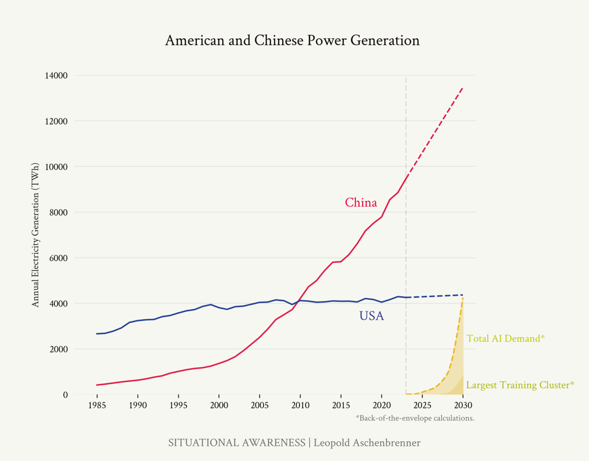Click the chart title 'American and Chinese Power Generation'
click(292, 40)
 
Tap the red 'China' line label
click(361, 203)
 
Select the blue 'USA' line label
click(372, 316)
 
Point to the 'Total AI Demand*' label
click(506, 338)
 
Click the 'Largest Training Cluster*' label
click(520, 385)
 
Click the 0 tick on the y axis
click(65, 395)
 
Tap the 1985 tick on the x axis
click(97, 405)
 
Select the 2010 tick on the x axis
click(300, 405)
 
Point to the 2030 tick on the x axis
click(463, 405)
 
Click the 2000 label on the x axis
click(219, 405)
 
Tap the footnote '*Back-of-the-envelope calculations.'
click(415, 418)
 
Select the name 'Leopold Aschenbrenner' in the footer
click(367, 443)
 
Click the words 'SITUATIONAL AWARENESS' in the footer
click(237, 443)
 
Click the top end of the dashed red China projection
click(463, 87)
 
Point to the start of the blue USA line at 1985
click(97, 333)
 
